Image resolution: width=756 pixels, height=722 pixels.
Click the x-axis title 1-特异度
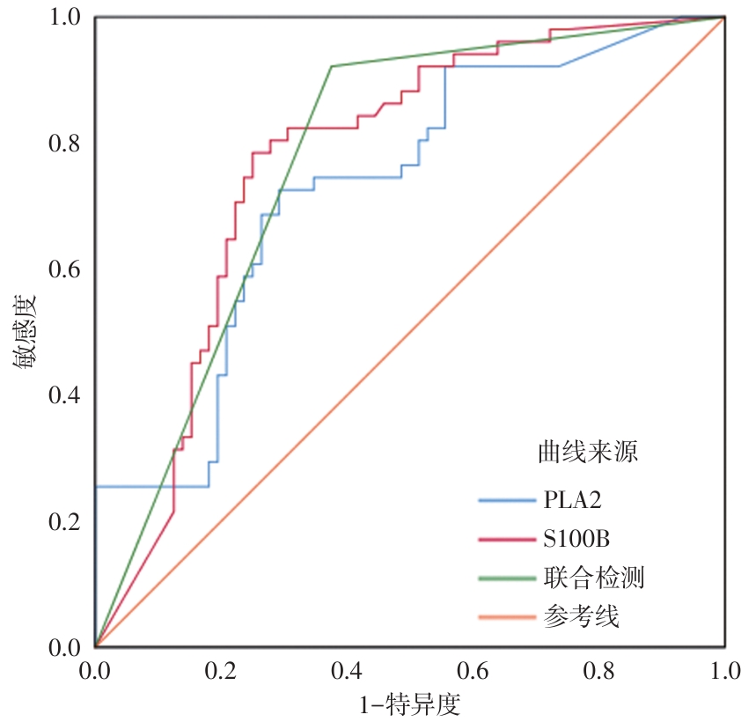click(409, 704)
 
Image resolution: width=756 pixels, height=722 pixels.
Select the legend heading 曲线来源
click(588, 453)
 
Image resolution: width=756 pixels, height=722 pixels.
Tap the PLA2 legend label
click(573, 500)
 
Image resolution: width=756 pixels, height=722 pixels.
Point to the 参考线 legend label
click(581, 616)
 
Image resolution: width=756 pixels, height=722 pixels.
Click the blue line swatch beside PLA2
click(508, 500)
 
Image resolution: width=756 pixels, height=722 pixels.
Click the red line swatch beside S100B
click(508, 539)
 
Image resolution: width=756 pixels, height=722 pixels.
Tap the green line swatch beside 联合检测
click(508, 578)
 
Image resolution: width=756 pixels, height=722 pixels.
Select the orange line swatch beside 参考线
click(508, 616)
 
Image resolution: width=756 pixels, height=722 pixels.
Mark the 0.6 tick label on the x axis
click(473, 673)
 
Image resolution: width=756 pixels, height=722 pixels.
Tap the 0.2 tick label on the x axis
click(221, 673)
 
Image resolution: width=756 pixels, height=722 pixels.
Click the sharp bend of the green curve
click(331, 66)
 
